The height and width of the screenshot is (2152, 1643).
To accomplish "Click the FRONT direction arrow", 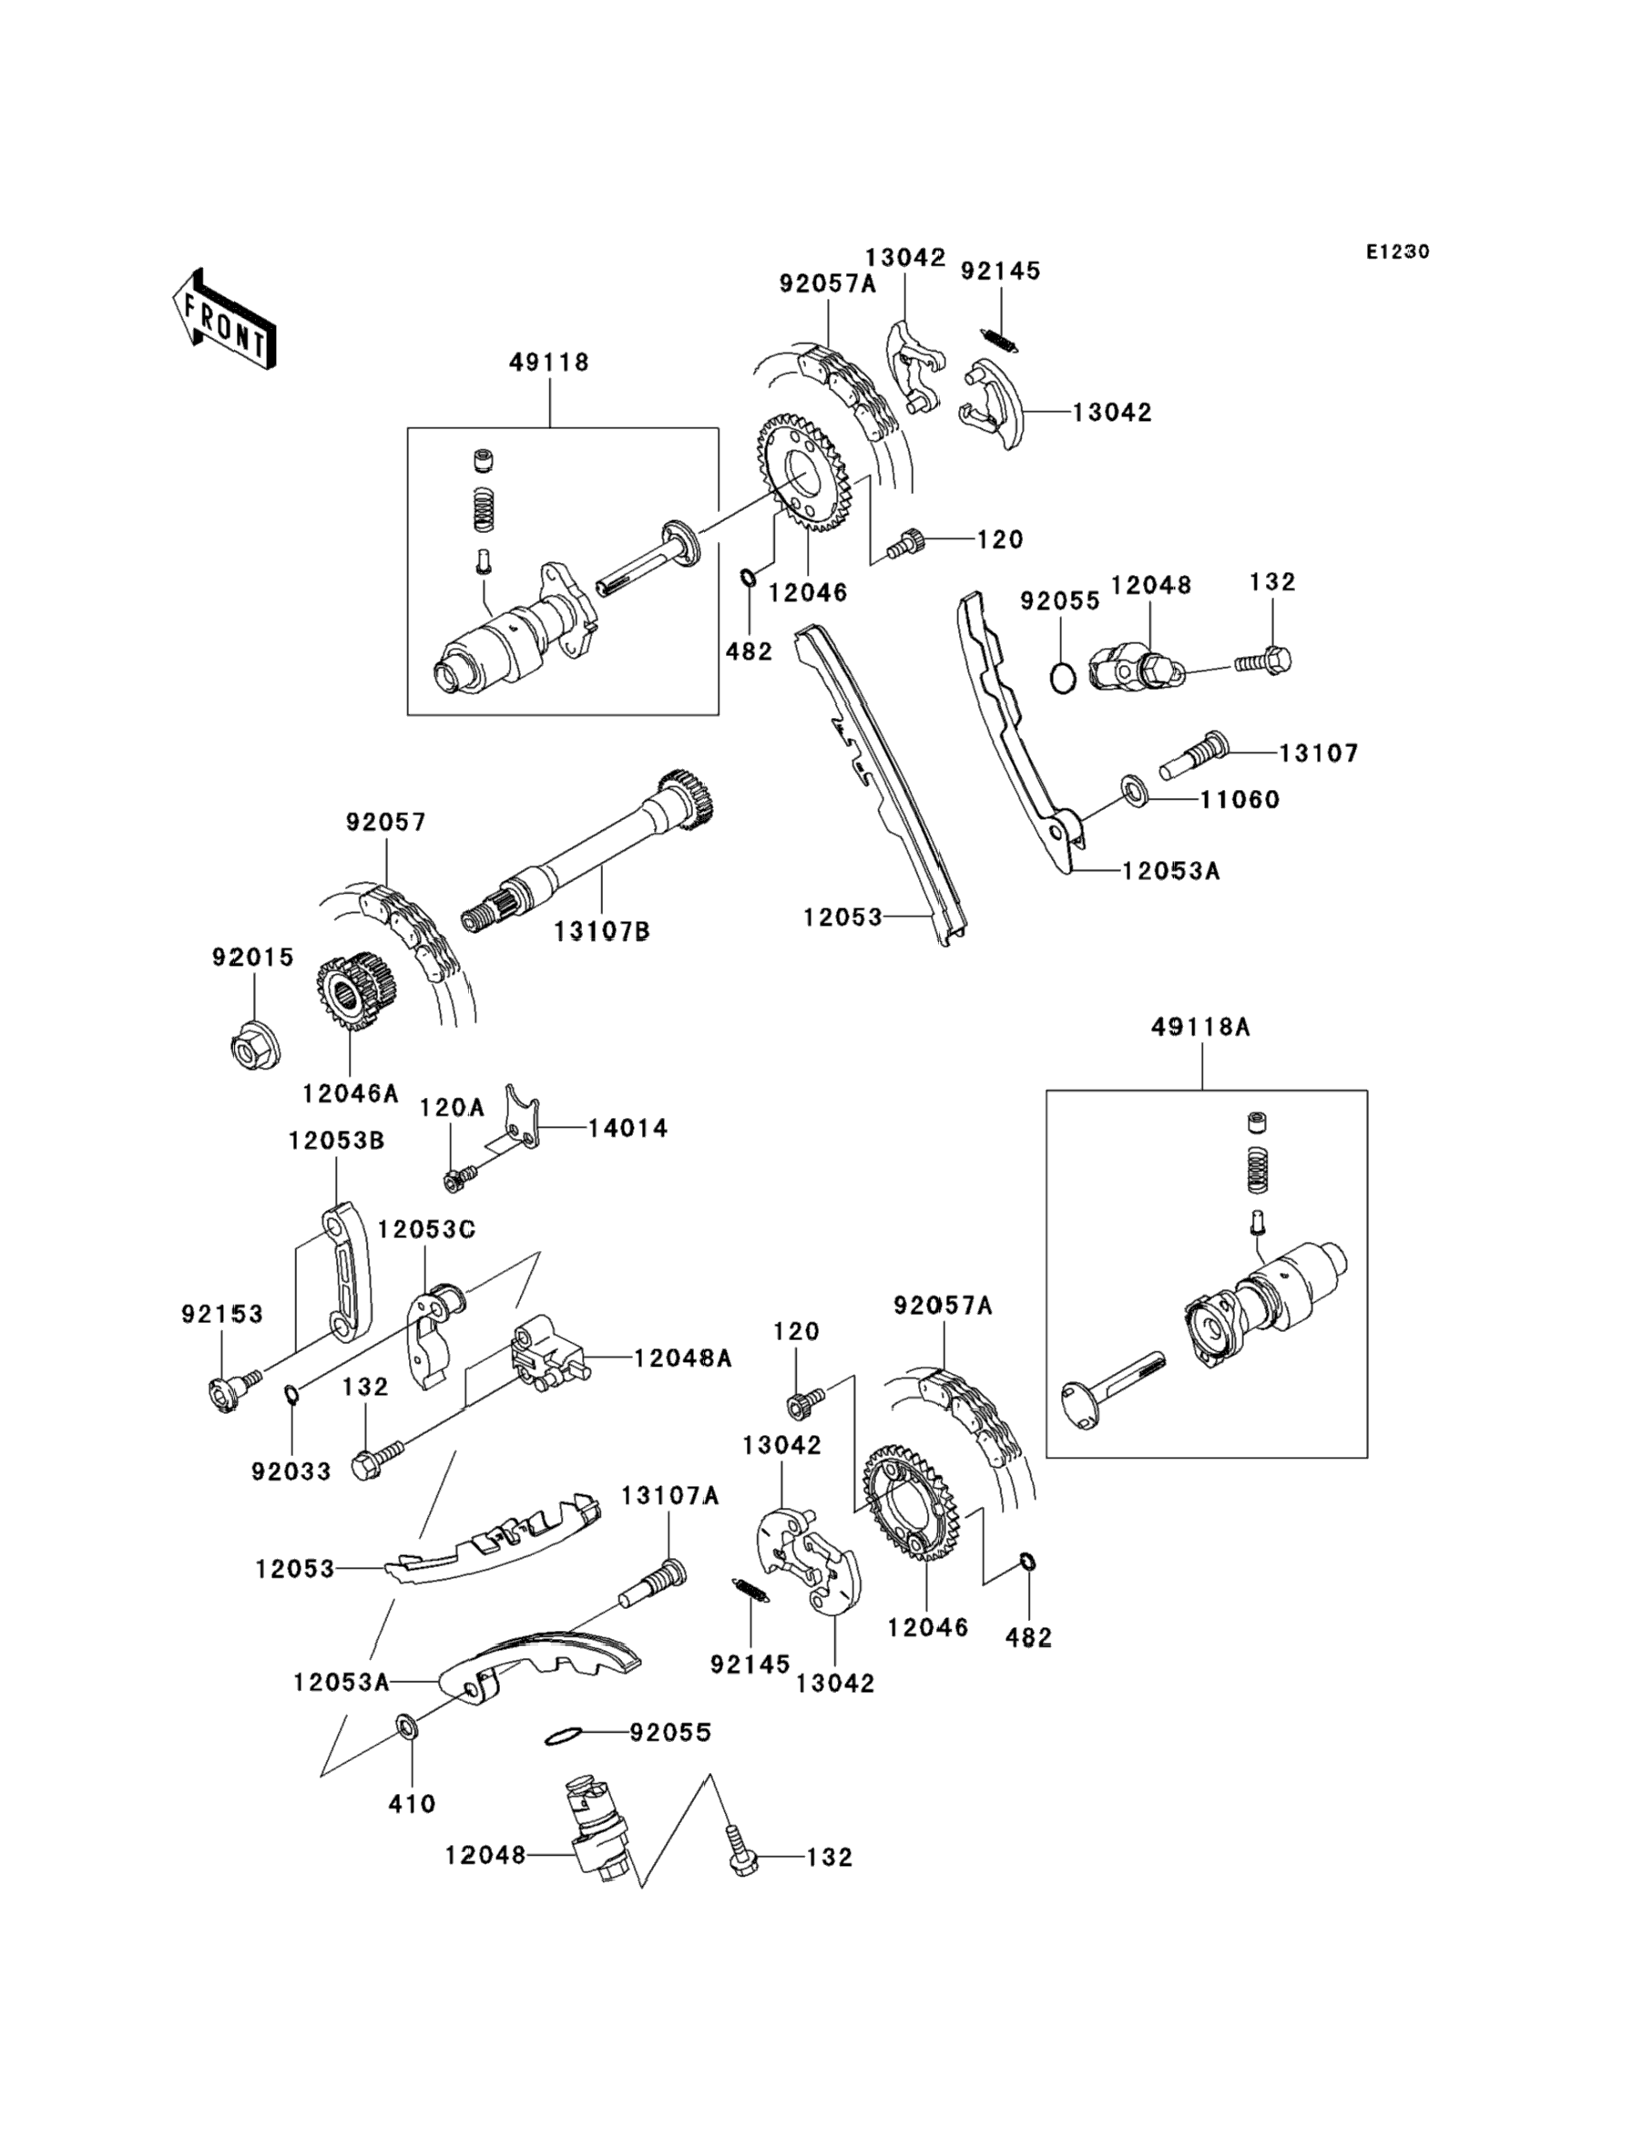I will pyautogui.click(x=224, y=320).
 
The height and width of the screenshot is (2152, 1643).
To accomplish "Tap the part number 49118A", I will pyautogui.click(x=1200, y=1027).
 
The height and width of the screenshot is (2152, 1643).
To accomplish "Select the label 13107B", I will pyautogui.click(x=601, y=931).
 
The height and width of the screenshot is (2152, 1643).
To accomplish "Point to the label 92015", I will pyautogui.click(x=253, y=958).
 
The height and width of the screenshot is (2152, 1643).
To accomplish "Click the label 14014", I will pyautogui.click(x=628, y=1128).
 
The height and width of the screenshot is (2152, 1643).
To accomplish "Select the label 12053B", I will pyautogui.click(x=336, y=1141).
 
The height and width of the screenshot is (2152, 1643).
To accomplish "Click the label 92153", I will pyautogui.click(x=222, y=1315).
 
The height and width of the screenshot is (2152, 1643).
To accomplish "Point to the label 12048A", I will pyautogui.click(x=683, y=1358).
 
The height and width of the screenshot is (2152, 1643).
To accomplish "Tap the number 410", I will pyautogui.click(x=412, y=1804).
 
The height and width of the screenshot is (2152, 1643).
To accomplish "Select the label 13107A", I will pyautogui.click(x=670, y=1496).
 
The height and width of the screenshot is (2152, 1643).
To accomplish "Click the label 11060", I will pyautogui.click(x=1240, y=799).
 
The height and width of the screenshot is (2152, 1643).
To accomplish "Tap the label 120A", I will pyautogui.click(x=452, y=1107).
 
